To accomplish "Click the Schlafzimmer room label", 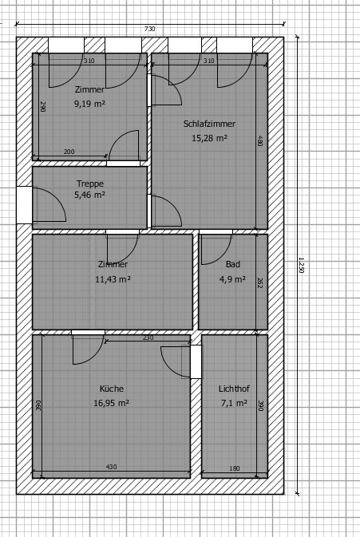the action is [209, 124].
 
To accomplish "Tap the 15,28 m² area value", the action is [209, 138].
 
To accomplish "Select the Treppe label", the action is [89, 184].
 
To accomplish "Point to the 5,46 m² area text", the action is [89, 195].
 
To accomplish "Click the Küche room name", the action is [112, 389].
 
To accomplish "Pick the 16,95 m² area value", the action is [112, 403].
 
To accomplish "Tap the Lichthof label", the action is [234, 389].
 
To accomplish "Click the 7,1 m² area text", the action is [234, 403].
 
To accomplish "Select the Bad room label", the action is [233, 264].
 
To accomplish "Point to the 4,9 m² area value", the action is [232, 279].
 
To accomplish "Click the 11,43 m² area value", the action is [113, 279].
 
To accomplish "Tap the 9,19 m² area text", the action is [89, 104].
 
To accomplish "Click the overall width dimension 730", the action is [150, 29].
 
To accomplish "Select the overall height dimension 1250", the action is [302, 266].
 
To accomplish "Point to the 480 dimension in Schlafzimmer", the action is [260, 140].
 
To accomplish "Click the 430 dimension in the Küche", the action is [111, 467].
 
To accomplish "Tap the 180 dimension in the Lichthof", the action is [235, 468].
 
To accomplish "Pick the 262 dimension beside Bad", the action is [260, 282].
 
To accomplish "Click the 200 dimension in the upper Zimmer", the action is [69, 152].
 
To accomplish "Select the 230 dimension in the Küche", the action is [148, 338].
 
